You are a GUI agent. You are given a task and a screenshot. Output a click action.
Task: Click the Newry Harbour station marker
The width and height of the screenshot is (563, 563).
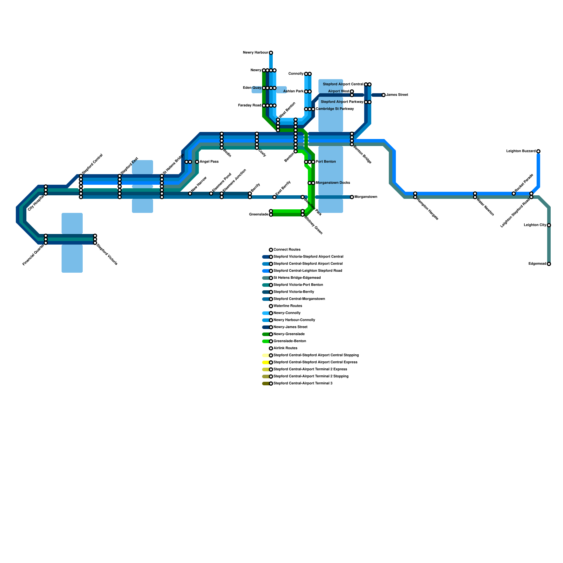pos(271,53)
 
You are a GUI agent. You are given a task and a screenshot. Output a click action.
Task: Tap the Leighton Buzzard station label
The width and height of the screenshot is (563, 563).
pos(521,151)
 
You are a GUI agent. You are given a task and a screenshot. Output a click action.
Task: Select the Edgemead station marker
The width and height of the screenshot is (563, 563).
pos(549,264)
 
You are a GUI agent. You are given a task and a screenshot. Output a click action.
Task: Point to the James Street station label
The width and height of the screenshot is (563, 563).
pos(397,95)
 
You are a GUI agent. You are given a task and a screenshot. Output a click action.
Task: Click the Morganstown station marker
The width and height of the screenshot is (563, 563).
pos(352,197)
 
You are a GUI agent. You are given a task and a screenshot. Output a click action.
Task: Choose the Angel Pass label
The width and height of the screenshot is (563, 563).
pos(209,162)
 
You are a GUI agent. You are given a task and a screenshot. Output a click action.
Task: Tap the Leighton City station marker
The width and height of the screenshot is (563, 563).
pos(549,225)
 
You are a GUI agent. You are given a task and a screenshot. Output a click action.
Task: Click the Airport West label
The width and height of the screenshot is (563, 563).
pos(339,91)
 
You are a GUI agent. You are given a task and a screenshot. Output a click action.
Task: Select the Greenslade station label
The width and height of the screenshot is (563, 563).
pos(259,214)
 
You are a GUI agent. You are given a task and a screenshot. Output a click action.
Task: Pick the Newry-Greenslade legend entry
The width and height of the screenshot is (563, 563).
pos(289,334)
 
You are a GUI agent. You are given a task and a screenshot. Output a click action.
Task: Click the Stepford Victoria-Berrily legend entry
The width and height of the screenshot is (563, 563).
pos(293,292)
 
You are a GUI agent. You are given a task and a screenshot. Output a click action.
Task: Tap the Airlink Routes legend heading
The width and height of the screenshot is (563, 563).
pos(285,348)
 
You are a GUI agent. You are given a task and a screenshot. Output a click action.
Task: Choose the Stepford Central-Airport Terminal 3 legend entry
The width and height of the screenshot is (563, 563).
pos(303,384)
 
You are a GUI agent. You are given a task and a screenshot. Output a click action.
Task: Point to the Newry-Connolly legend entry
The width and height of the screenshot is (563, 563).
pos(287,313)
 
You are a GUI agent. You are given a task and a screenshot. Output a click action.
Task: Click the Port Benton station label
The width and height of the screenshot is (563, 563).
pos(326,162)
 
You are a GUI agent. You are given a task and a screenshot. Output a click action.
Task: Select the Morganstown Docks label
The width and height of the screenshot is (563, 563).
pos(333,183)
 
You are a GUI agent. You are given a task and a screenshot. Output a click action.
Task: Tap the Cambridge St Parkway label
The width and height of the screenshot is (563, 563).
pos(335,109)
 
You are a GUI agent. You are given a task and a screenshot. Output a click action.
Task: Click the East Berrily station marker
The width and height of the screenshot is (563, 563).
pos(274,197)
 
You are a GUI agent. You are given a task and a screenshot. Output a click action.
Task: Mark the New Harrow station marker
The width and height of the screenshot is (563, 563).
pos(190,194)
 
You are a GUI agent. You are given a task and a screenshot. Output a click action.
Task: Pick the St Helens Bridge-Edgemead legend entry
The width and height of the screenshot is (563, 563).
pos(297,278)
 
